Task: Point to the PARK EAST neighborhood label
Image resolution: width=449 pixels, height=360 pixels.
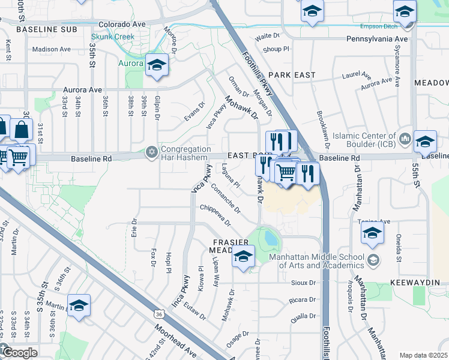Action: click(x=292, y=74)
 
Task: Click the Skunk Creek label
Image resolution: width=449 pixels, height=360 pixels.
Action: click(x=116, y=37)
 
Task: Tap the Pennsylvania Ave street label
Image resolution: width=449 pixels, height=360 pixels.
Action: click(x=377, y=38)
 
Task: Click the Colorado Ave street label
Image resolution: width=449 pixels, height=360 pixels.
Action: click(x=122, y=25)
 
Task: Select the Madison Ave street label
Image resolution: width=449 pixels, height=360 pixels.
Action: click(x=52, y=49)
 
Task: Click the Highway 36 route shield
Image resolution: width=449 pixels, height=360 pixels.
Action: click(x=158, y=313)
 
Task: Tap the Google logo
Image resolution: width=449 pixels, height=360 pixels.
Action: click(x=19, y=352)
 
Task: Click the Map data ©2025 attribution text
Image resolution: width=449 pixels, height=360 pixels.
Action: click(x=424, y=355)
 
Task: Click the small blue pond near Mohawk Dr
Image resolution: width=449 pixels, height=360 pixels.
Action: click(x=271, y=239)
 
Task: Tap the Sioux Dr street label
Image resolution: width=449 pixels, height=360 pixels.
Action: click(x=304, y=282)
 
